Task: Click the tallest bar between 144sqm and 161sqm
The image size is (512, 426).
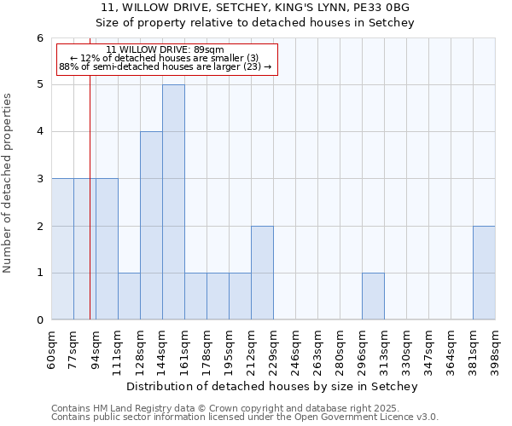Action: point(173,202)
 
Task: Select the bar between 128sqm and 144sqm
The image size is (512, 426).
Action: point(151,226)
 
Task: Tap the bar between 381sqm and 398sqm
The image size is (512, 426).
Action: point(484,273)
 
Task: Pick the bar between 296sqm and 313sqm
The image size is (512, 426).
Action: point(373,296)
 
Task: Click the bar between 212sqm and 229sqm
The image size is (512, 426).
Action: point(262,273)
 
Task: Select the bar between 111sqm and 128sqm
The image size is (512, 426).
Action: point(129,296)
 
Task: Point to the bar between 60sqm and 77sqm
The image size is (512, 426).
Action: point(62,249)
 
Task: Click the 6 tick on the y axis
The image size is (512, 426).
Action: point(39,38)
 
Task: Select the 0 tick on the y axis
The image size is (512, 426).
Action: point(39,320)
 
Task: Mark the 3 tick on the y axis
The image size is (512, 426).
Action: point(39,179)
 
